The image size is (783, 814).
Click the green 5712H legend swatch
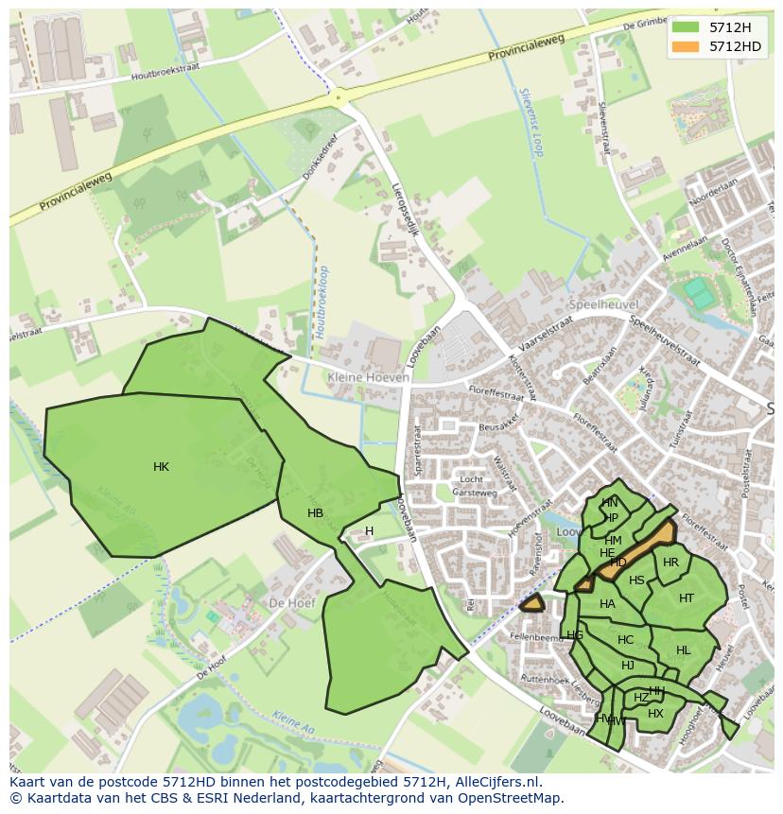[x=686, y=27]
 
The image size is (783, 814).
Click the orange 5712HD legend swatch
[x=686, y=46]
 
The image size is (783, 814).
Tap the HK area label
[x=161, y=467]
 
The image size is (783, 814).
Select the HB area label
[x=315, y=513]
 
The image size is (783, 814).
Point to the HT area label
[x=687, y=598]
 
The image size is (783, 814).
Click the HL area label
[x=684, y=650]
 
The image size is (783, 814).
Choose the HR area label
[x=670, y=563]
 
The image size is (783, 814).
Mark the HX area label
[x=655, y=714]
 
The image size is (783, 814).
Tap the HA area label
[x=607, y=604]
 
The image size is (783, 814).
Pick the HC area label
[x=625, y=640]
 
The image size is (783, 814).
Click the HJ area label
[x=627, y=666]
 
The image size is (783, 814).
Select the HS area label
[x=636, y=580]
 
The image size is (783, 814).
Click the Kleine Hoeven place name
[x=369, y=377]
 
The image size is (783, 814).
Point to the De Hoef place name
[x=290, y=602]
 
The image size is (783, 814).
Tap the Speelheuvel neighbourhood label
[x=604, y=304]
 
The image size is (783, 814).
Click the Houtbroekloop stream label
[x=322, y=301]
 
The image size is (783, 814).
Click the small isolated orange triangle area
[x=532, y=602]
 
